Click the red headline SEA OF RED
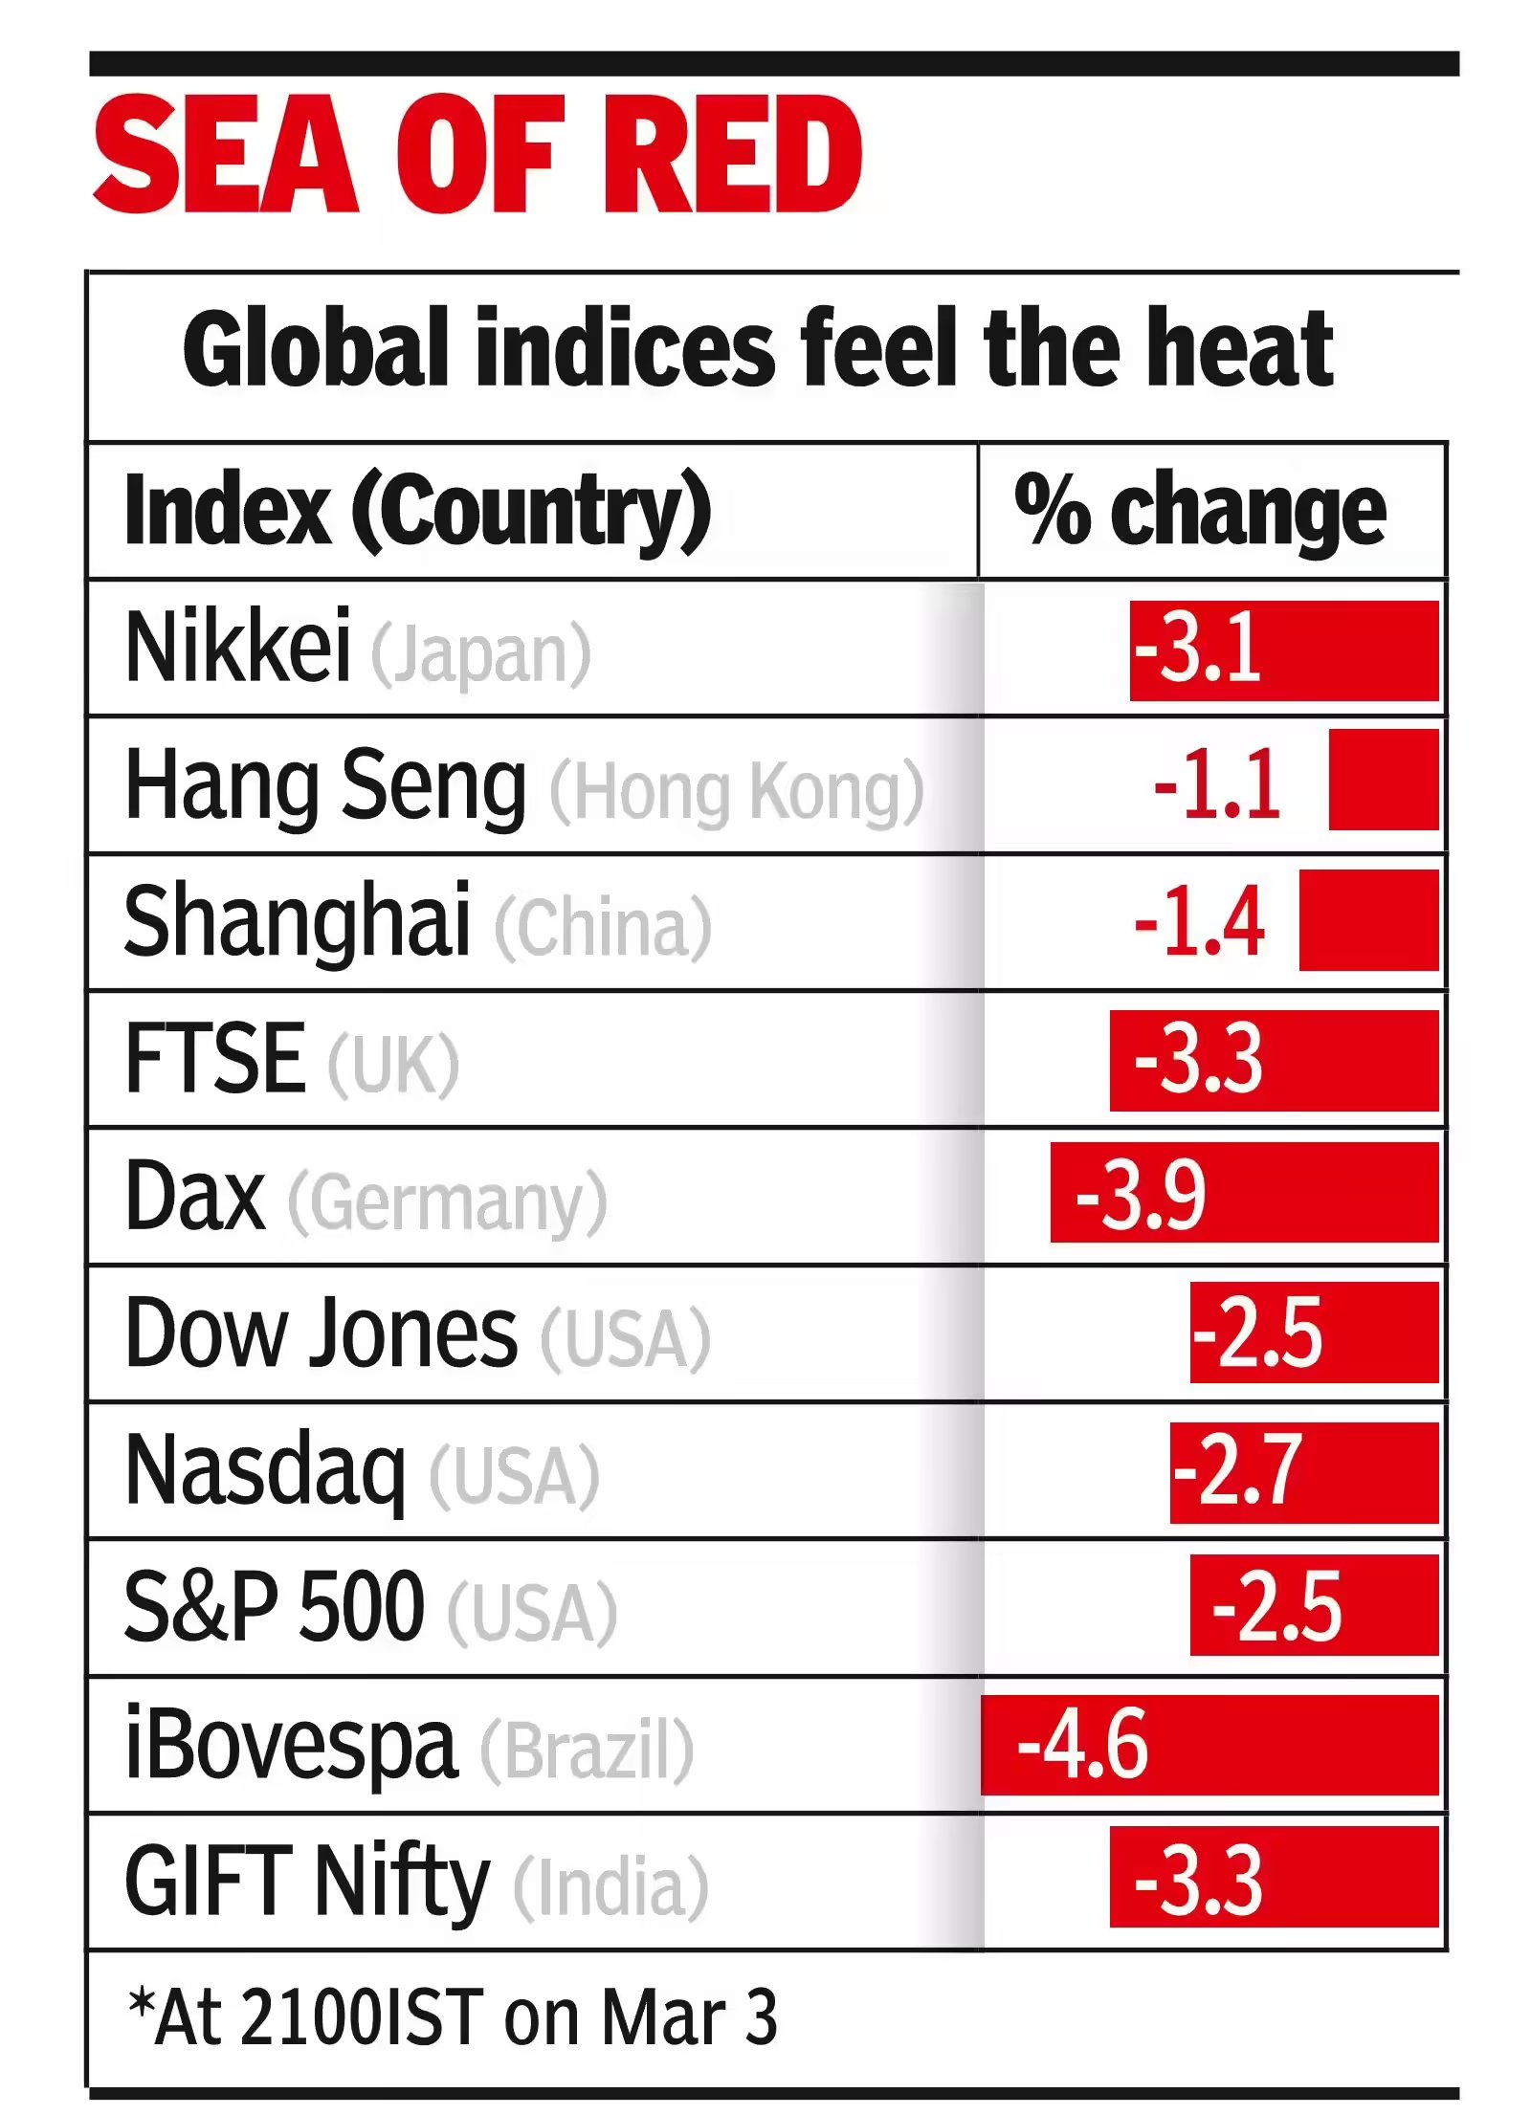477,153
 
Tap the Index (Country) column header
418,511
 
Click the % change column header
1200,511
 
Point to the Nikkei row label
238,648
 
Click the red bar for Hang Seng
1383,780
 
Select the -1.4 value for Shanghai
1200,921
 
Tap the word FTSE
215,1058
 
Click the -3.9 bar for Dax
1244,1193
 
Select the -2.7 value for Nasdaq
1237,1470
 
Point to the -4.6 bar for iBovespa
1209,1745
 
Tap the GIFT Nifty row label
307,1883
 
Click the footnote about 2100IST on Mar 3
453,2016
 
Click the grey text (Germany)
447,1201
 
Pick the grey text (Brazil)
587,1750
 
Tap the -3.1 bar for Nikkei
1283,650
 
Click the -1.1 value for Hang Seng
1217,784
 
